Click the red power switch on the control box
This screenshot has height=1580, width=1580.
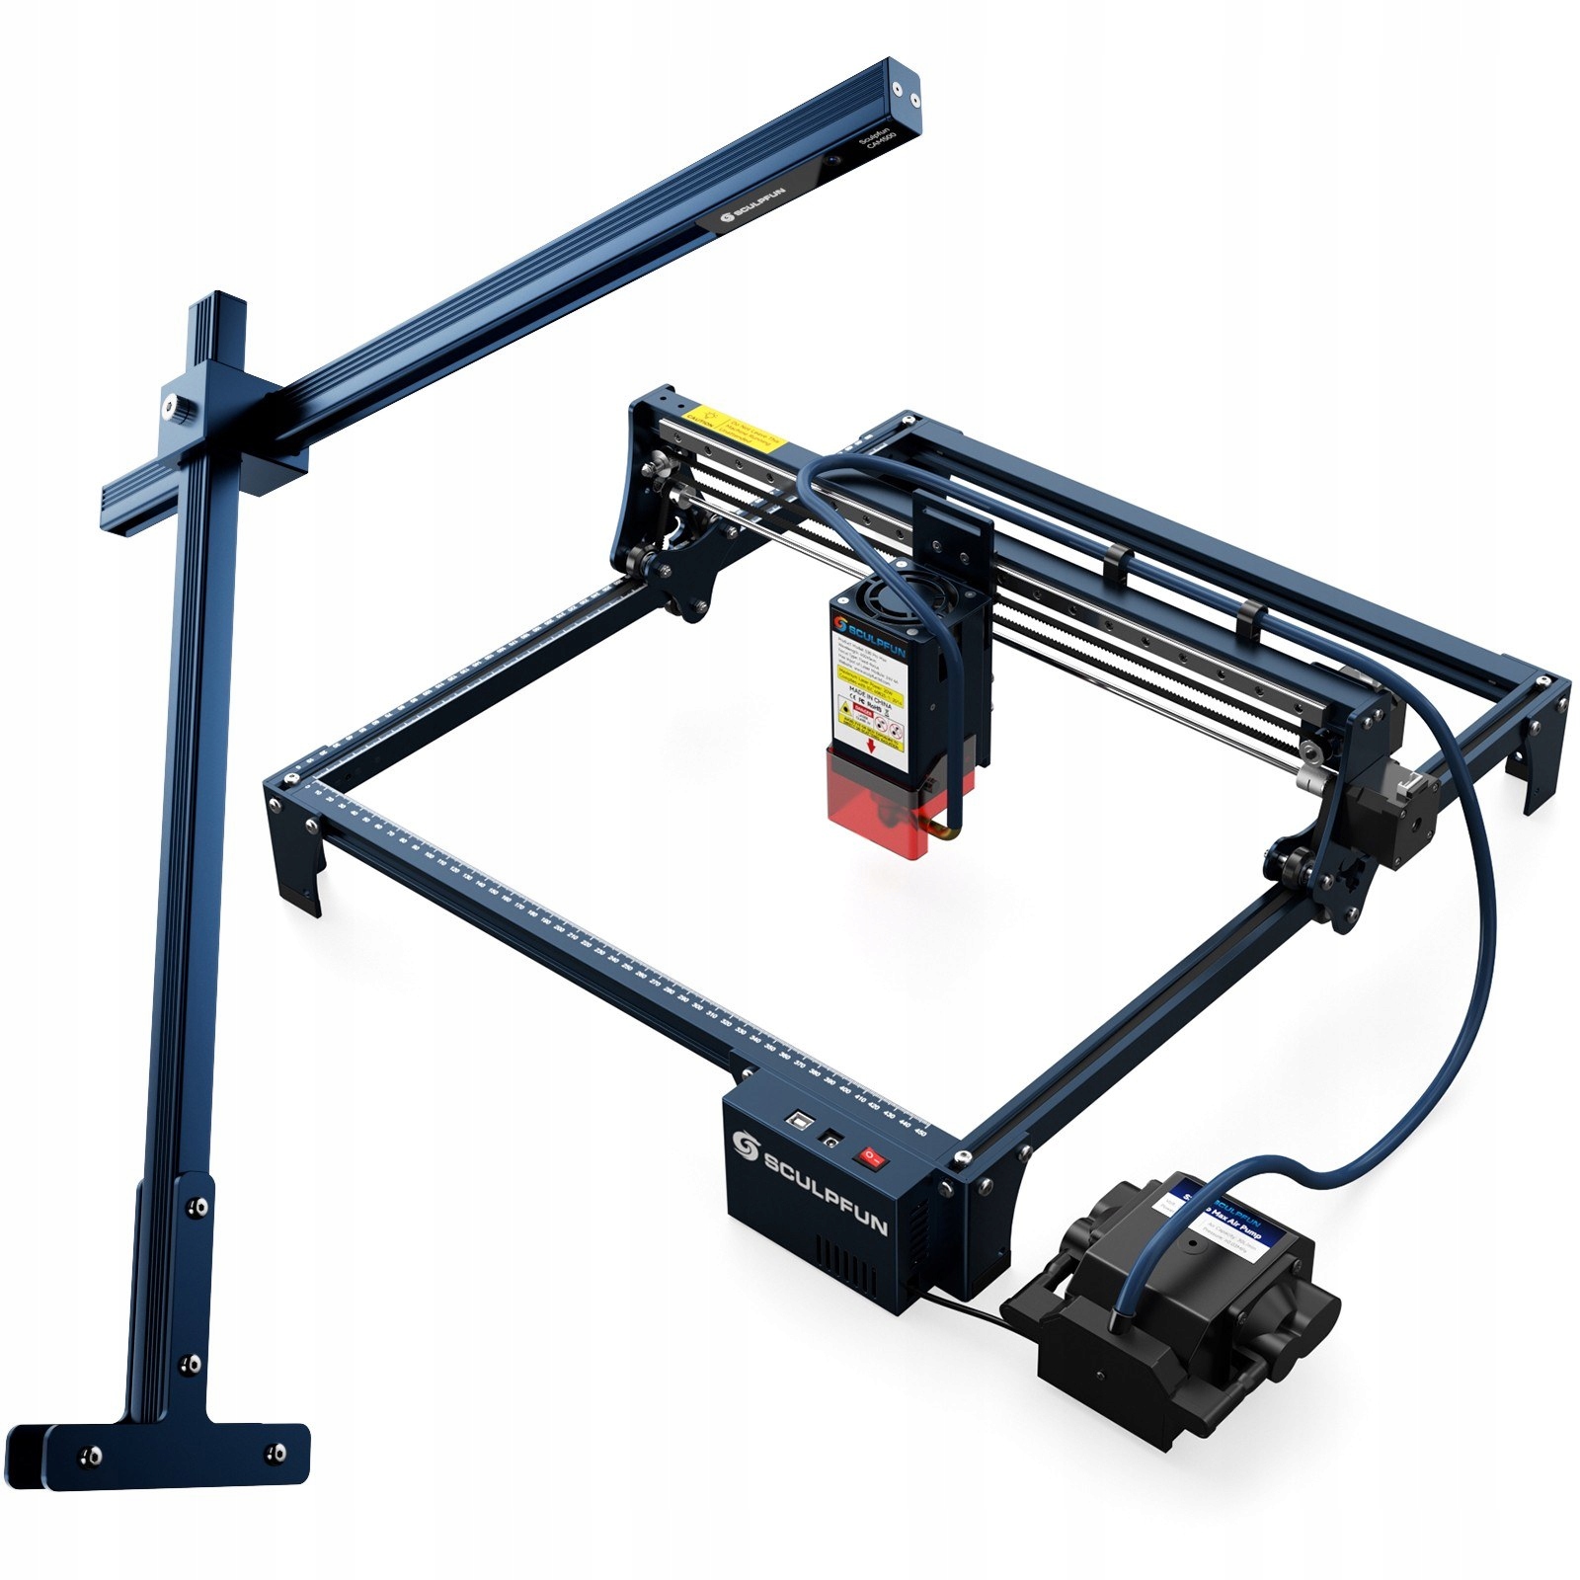pos(869,1152)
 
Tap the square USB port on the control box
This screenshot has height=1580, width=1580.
pos(796,1123)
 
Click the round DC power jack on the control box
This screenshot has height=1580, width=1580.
pos(831,1138)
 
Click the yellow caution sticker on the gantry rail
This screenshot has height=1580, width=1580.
pos(736,426)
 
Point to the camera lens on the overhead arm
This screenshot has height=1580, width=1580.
pos(834,159)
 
